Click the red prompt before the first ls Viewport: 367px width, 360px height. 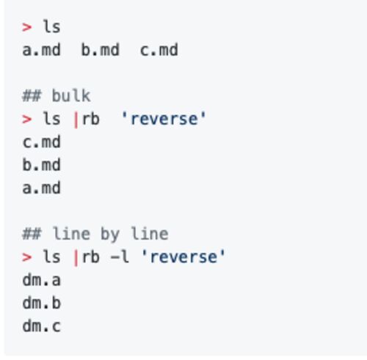click(x=26, y=27)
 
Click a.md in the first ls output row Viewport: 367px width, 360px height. click(x=41, y=50)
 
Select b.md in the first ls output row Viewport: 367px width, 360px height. click(x=101, y=50)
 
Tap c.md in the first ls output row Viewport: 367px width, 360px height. click(x=159, y=50)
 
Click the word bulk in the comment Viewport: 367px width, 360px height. click(x=71, y=95)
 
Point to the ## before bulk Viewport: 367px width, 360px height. click(x=32, y=96)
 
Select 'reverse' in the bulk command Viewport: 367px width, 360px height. click(x=164, y=119)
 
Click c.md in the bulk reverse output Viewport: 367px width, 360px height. click(x=41, y=142)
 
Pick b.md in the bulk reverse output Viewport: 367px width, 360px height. click(x=41, y=165)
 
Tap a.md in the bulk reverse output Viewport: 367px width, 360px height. click(x=41, y=188)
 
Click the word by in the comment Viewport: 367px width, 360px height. click(x=110, y=235)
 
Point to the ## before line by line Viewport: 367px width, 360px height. click(x=32, y=234)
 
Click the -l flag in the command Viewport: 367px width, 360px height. click(x=120, y=257)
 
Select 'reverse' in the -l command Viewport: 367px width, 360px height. click(x=183, y=257)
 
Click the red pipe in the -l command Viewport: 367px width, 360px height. click(x=76, y=259)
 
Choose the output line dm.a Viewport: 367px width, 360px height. click(x=41, y=280)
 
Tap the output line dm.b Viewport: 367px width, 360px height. click(x=41, y=303)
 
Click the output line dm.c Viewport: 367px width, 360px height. click(x=41, y=326)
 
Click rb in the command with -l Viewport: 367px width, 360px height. click(x=91, y=257)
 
